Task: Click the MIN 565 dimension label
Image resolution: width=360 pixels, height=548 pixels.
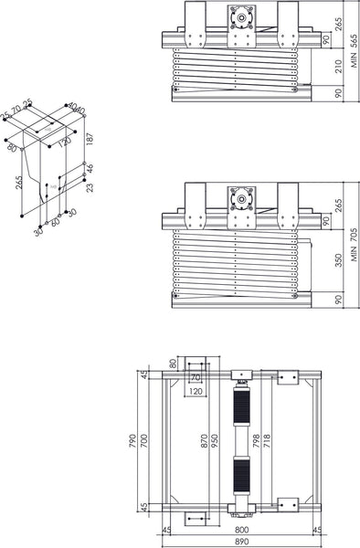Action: point(351,51)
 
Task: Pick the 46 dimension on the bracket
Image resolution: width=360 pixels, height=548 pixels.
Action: point(89,169)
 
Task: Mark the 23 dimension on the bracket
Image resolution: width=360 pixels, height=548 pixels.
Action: point(89,189)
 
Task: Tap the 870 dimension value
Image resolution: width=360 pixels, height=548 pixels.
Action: point(204,442)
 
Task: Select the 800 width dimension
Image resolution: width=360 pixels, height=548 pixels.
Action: point(239,527)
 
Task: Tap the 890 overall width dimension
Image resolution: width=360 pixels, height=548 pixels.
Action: point(239,541)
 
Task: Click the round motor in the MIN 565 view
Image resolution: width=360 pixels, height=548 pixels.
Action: point(242,16)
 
